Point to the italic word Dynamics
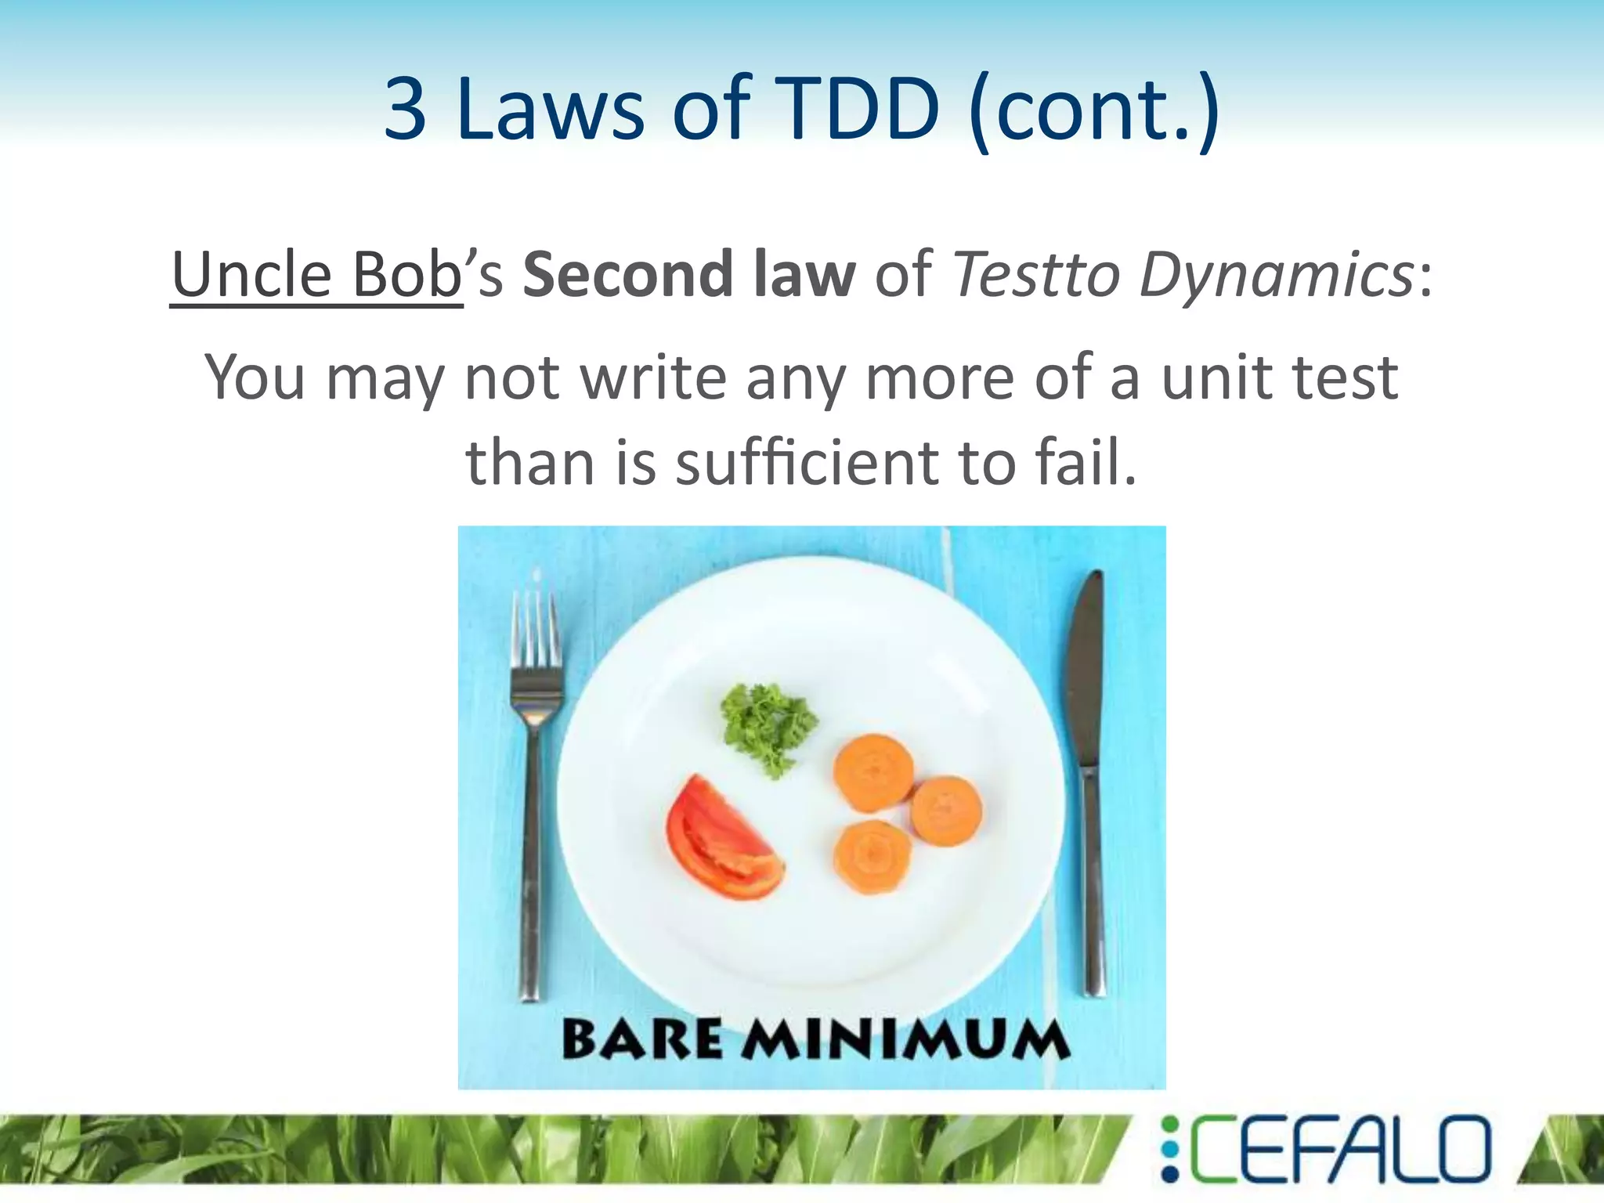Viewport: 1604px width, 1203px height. (1276, 276)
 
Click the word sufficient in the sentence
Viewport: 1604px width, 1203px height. (806, 462)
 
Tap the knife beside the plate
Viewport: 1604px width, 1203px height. (1089, 783)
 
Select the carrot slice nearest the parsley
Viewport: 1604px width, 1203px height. (872, 771)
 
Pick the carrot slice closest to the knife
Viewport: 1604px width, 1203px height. (946, 811)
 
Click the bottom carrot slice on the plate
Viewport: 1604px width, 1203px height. (872, 858)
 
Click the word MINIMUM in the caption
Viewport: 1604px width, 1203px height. (905, 1040)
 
